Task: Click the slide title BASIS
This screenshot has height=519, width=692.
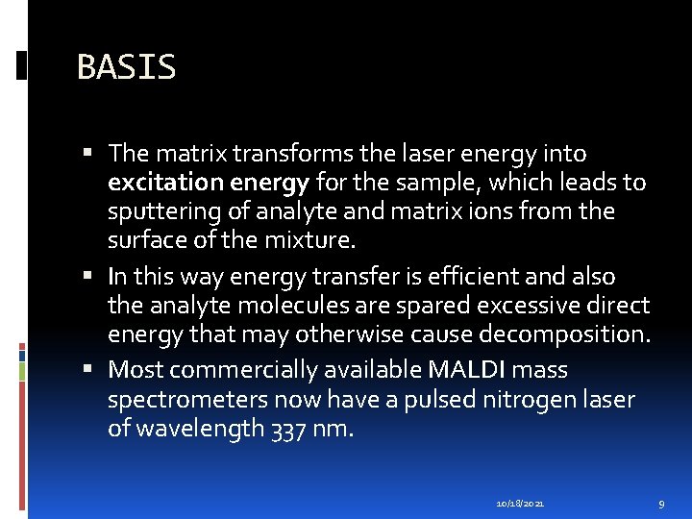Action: (x=126, y=67)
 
